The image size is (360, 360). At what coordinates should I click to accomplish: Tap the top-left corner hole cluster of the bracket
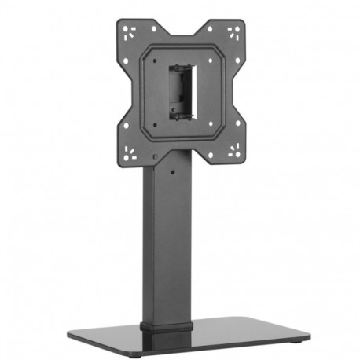point(130,34)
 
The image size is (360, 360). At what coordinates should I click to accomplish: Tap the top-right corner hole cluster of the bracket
point(235,35)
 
